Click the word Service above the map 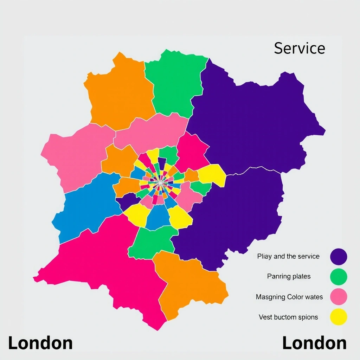(x=300, y=49)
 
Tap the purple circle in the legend (x=339, y=257)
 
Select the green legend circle (x=339, y=277)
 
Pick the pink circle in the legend (x=339, y=297)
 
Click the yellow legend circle (x=339, y=317)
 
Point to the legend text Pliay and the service (x=288, y=256)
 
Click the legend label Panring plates (x=289, y=276)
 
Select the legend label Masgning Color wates (x=289, y=297)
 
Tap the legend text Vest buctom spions (x=288, y=317)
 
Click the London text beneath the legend (x=314, y=343)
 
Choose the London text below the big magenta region (x=40, y=343)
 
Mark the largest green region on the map (x=174, y=84)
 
